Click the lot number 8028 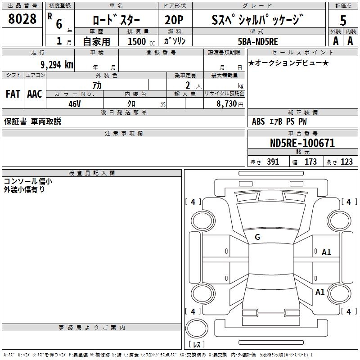(22, 19)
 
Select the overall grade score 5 (343, 20)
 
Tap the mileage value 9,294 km (57, 65)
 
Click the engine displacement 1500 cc (141, 41)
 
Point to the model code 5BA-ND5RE (258, 41)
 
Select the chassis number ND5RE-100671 (302, 143)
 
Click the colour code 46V (75, 104)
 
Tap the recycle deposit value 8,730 (227, 103)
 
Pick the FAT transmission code (13, 94)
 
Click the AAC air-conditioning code (35, 94)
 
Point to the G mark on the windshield (257, 237)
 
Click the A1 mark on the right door (326, 252)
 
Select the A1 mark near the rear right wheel (320, 292)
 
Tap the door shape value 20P (174, 20)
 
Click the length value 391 (273, 162)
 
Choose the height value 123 (346, 162)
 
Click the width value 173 (310, 162)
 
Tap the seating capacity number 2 (188, 85)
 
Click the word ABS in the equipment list (258, 121)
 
